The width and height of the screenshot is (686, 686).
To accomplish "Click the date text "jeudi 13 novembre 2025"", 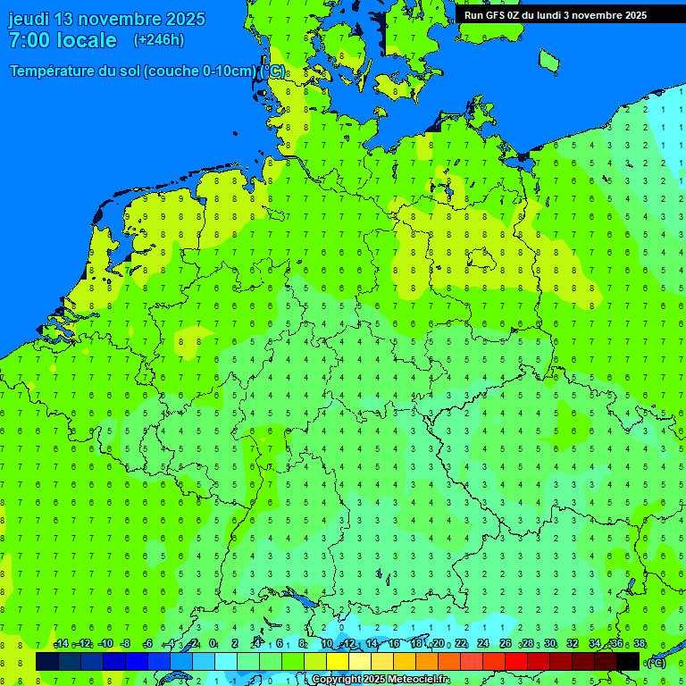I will coord(106,19).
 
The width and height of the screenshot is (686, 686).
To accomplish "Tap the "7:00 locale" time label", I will coord(63,40).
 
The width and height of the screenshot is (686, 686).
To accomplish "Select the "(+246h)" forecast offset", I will coord(158,40).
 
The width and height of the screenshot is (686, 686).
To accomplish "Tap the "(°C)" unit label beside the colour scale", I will coord(656,662).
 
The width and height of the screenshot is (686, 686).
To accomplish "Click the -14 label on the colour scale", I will coord(62,644).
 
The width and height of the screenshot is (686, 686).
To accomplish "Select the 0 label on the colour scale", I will coord(213,644).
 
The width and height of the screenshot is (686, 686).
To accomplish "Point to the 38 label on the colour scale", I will coord(640,644).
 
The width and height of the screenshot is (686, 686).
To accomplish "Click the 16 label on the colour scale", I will coord(394,644).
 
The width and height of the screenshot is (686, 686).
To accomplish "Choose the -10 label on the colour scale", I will coord(105,644).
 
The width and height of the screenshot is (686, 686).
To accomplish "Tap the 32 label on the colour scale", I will coord(573,644).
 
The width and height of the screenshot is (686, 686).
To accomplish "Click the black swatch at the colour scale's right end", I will coord(628,662).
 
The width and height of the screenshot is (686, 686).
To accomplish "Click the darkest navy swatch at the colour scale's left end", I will coord(47,662).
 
